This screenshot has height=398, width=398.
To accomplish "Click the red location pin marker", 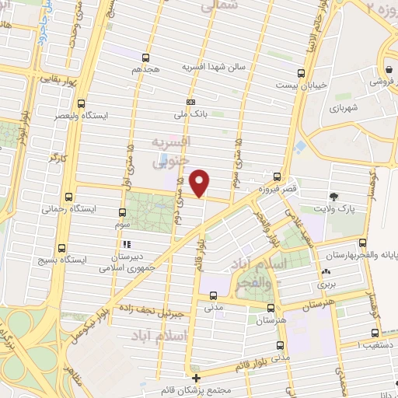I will pyautogui.click(x=201, y=183).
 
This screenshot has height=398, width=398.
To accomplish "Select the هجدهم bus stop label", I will pyautogui.click(x=146, y=68).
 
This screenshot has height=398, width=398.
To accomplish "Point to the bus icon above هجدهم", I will pyautogui.click(x=146, y=57).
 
